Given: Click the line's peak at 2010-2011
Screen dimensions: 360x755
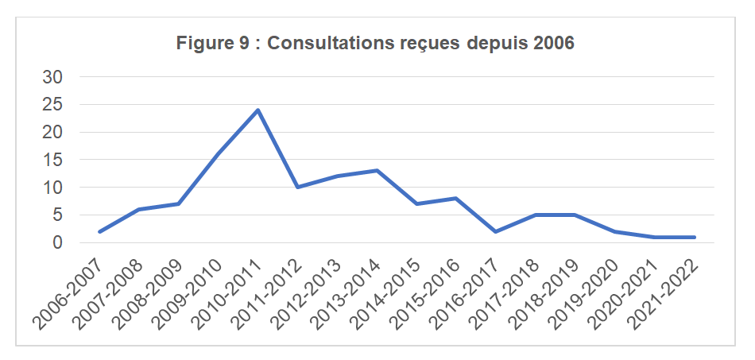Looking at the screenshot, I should (257, 110).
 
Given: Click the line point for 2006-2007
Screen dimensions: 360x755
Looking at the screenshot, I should (99, 232).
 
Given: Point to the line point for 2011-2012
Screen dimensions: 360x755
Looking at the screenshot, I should (297, 188).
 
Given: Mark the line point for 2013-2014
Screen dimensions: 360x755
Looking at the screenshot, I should (377, 170).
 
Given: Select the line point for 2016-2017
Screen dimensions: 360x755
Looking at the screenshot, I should (497, 232).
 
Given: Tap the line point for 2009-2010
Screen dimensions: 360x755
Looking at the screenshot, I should (218, 154).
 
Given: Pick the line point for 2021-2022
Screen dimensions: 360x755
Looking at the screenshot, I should (695, 237).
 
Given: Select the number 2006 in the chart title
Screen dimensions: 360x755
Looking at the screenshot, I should (554, 43).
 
